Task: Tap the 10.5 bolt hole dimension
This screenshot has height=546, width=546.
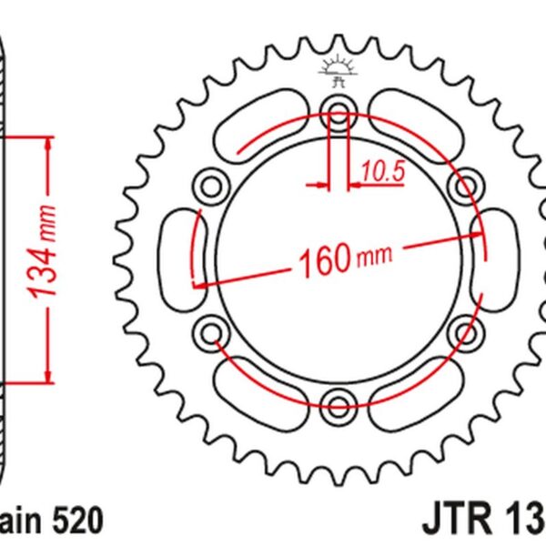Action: point(381,170)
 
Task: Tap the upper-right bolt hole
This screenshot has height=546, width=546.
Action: point(463,187)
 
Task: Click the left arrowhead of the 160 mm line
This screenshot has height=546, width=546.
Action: point(199,285)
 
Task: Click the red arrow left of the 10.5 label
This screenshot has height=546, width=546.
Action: point(318,185)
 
